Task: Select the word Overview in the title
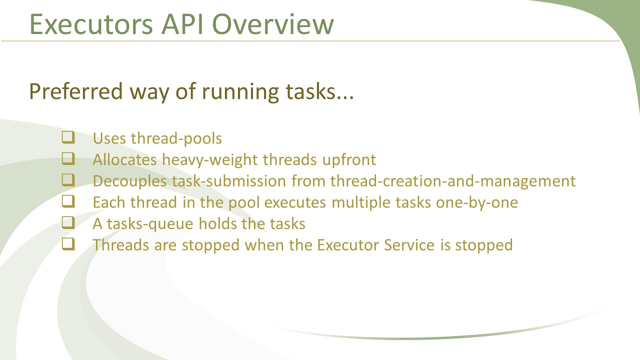pos(273,24)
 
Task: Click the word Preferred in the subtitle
pos(75,91)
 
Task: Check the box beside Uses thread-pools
pos(68,137)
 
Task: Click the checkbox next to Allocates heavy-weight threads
pos(68,159)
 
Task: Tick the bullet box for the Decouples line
pos(68,180)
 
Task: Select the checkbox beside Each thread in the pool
pos(68,202)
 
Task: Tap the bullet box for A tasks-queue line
pos(68,223)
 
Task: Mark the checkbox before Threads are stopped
pos(68,244)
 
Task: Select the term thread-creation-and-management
pos(453,181)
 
